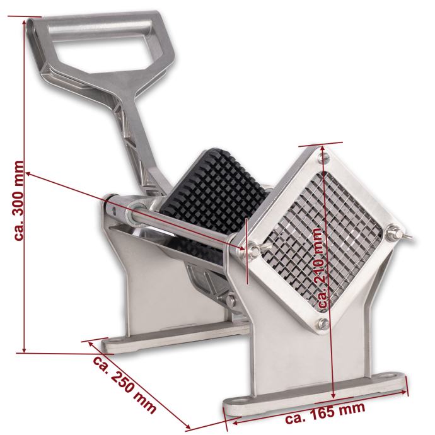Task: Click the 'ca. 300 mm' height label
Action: [19, 200]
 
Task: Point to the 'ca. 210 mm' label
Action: [320, 268]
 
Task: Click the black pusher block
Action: [214, 192]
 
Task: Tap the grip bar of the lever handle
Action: [99, 28]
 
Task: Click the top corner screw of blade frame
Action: [323, 158]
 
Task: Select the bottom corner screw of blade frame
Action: [323, 323]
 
